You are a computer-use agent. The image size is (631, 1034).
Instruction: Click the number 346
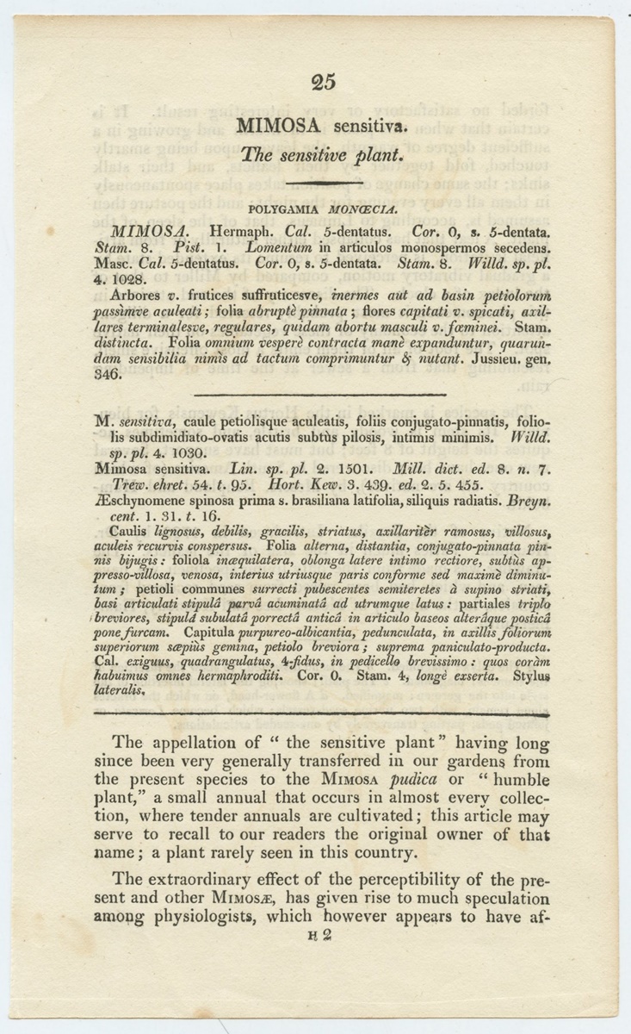point(110,377)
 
